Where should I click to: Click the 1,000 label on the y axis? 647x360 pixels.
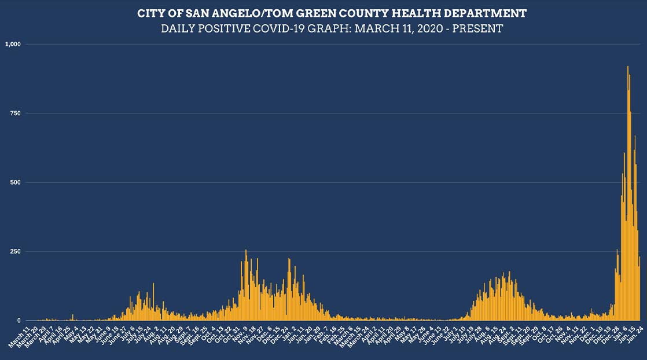point(13,44)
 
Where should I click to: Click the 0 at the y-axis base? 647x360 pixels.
point(20,321)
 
